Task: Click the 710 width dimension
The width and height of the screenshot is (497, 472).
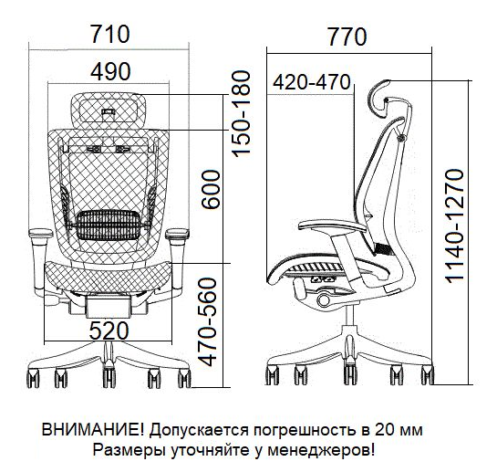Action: tap(110, 35)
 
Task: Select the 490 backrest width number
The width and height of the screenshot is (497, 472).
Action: tap(110, 71)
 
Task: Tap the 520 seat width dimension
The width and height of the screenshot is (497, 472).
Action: tap(109, 330)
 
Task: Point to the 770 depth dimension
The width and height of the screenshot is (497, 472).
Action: tap(347, 37)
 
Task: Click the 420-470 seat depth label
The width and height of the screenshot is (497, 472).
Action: tap(312, 82)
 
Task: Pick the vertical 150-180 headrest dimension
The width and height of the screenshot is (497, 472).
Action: tap(242, 113)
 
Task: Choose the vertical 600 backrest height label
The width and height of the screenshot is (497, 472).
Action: tap(211, 190)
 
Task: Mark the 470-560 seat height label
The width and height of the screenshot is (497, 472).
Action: tap(208, 322)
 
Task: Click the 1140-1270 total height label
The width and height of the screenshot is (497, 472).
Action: tap(455, 226)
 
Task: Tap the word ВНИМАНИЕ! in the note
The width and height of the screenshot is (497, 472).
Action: tap(93, 430)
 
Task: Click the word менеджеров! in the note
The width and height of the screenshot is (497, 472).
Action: tap(321, 450)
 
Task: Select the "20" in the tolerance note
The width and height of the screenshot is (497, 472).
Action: tap(383, 430)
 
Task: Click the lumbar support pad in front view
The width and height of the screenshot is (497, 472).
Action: tap(108, 225)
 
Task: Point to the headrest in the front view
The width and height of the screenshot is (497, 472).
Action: tap(109, 111)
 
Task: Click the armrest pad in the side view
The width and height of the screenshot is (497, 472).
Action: tap(332, 226)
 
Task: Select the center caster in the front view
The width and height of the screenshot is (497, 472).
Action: tap(109, 377)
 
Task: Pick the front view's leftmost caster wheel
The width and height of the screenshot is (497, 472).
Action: tap(33, 378)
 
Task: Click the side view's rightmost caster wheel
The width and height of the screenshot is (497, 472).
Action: tap(428, 375)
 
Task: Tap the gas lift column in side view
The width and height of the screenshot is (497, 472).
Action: tap(349, 315)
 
